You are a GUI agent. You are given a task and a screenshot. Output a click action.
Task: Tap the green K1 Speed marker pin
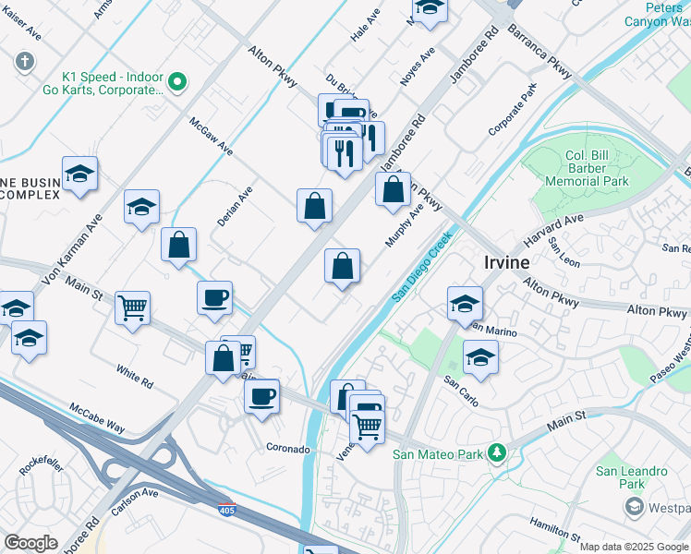(x=179, y=82)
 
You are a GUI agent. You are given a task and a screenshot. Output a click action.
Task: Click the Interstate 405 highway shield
(x=226, y=508)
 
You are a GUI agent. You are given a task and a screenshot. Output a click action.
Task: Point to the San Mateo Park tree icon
(x=497, y=452)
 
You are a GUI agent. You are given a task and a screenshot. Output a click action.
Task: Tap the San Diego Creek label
(x=421, y=268)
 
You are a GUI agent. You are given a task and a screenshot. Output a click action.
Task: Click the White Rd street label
(x=135, y=375)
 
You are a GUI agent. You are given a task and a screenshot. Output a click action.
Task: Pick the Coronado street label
(x=288, y=449)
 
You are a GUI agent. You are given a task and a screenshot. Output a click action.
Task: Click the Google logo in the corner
(x=30, y=543)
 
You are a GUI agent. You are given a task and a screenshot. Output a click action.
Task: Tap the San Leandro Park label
(x=632, y=477)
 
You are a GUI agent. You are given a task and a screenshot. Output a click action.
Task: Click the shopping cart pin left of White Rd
(x=133, y=308)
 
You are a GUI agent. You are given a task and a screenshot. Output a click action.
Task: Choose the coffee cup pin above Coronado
(x=261, y=397)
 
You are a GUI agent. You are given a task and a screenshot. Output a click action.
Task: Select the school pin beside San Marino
(x=465, y=304)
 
